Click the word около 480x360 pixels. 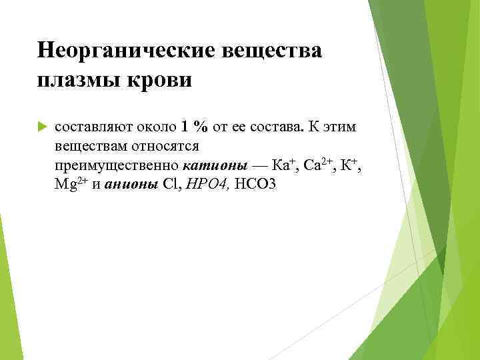click(157, 126)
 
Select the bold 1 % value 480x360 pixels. click(191, 126)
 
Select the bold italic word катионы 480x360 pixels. click(207, 165)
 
